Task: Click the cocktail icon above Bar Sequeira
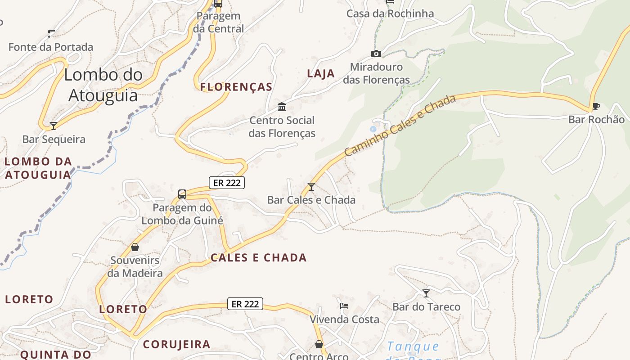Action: coord(54,126)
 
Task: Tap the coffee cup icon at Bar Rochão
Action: coord(596,107)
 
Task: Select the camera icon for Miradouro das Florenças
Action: coord(376,54)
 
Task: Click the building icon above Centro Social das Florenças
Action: coord(282,107)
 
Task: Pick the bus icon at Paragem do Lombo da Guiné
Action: coord(182,194)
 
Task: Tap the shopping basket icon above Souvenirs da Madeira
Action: coord(135,247)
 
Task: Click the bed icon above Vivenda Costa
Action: coord(344,306)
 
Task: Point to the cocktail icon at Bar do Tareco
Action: coord(426,293)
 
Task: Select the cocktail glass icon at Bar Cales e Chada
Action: coord(311,186)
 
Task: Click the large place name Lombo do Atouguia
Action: coord(103,85)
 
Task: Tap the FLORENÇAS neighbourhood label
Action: coord(236,87)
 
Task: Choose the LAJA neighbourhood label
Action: coord(321,74)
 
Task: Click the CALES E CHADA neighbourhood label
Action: coord(258,258)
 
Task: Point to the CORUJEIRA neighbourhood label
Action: coord(176,344)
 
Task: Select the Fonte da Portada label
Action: coord(51,47)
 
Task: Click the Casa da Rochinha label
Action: coord(390,13)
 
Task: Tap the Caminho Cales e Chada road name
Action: coord(400,126)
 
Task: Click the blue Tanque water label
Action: coord(413,346)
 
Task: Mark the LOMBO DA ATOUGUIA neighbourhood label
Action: coord(38,168)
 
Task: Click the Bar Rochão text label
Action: coord(596,119)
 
